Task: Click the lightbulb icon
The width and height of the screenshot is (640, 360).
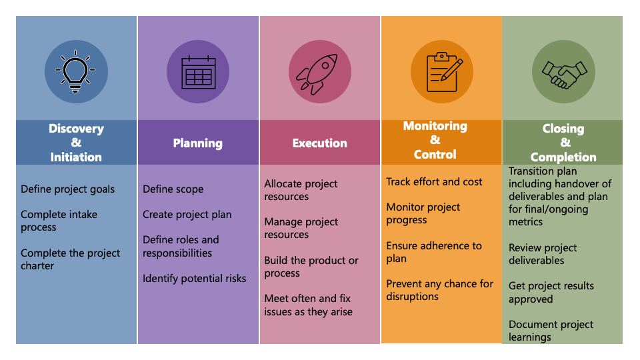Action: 75,71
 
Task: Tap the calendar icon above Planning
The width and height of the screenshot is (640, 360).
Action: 199,72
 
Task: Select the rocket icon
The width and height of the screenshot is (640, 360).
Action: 317,73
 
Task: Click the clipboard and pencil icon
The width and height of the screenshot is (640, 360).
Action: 445,72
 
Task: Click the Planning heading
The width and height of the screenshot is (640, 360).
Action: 198,143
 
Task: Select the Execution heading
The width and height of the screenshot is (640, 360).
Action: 319,143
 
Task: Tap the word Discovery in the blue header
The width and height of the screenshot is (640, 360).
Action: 76,129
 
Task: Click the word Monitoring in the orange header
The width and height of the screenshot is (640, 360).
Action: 435,126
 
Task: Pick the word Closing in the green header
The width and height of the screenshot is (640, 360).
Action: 563,129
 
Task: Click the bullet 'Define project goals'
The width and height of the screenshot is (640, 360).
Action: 68,189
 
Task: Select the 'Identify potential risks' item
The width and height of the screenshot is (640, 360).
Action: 194,279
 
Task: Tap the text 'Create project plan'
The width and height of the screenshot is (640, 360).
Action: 187,215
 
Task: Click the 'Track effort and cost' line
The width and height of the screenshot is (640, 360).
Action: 434,181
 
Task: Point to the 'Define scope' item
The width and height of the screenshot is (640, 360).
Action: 173,189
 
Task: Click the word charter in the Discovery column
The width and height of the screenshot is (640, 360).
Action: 37,266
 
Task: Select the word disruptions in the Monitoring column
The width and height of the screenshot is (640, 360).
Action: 412,297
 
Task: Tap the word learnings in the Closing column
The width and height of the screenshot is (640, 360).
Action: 530,337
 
